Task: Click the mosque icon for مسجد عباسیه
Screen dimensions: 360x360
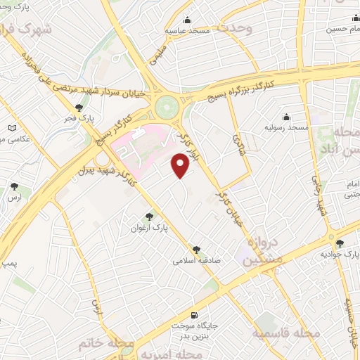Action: pyautogui.click(x=187, y=20)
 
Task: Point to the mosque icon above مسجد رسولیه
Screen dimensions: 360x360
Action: pyautogui.click(x=286, y=117)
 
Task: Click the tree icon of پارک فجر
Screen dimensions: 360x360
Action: pyautogui.click(x=79, y=108)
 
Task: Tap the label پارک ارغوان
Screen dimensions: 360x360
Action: pyautogui.click(x=148, y=228)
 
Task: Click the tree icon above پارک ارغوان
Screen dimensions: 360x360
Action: pyautogui.click(x=148, y=217)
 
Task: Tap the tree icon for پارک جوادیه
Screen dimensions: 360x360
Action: pyautogui.click(x=340, y=243)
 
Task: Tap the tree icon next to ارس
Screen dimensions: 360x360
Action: pyautogui.click(x=15, y=186)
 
